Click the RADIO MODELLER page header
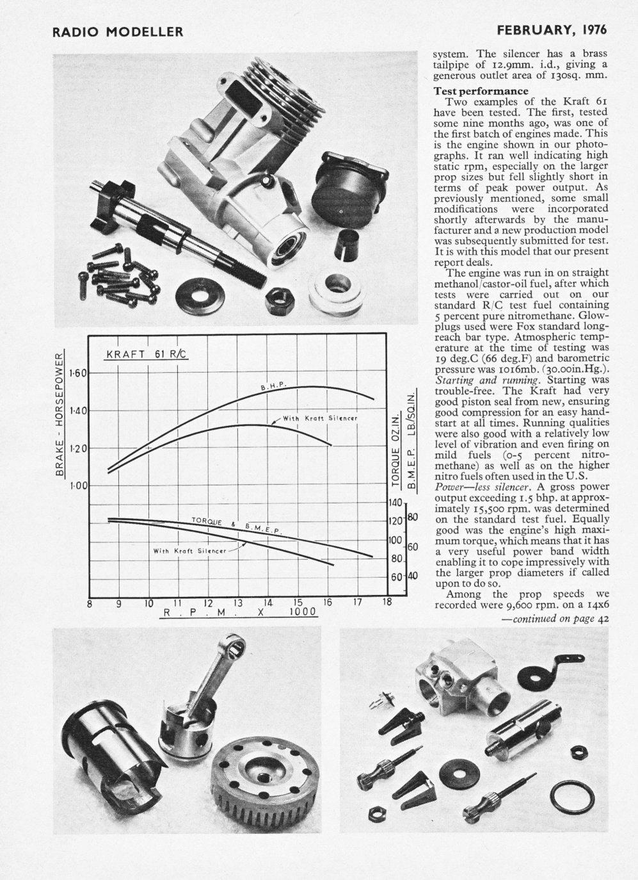[118, 31]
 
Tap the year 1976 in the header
[592, 30]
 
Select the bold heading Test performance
[481, 91]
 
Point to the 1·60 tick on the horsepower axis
[78, 373]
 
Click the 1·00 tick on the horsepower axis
[78, 486]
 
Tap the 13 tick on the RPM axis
[237, 603]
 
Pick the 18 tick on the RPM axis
[387, 603]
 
